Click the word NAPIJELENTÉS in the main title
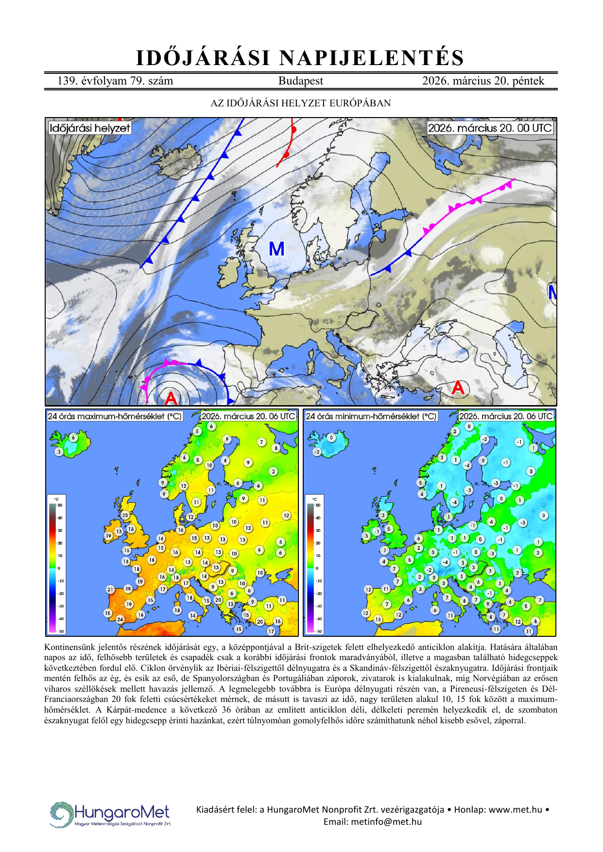[372, 58]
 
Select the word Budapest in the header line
[300, 81]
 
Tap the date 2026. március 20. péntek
[483, 81]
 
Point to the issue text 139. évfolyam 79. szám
[115, 81]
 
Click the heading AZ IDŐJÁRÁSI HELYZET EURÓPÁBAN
[300, 103]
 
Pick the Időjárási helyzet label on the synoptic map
[90, 128]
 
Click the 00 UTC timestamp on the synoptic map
[490, 128]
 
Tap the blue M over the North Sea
[276, 249]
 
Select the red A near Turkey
[458, 388]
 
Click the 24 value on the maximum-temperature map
[120, 619]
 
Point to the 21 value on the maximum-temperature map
[110, 590]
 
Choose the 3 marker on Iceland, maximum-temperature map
[59, 452]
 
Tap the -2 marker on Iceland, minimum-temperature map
[317, 452]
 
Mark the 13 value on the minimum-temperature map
[378, 619]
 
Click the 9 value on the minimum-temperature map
[488, 604]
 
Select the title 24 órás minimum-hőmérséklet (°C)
[371, 416]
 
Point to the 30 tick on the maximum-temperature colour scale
[60, 530]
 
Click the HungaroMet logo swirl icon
[61, 814]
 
